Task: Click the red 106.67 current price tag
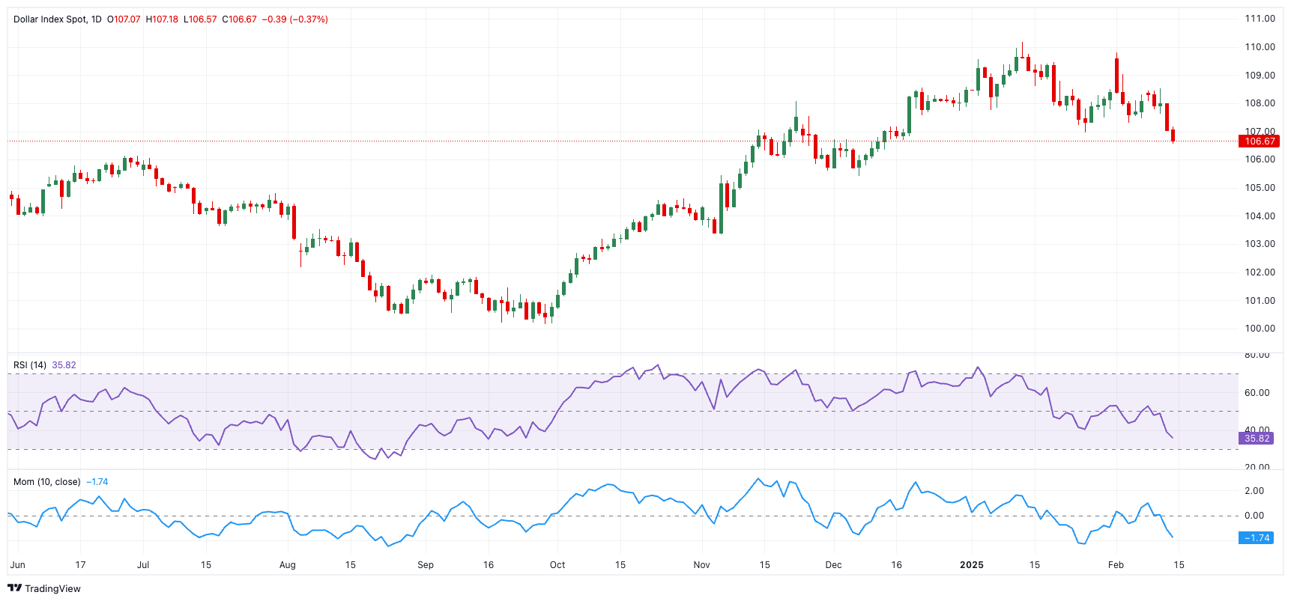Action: coord(1259,141)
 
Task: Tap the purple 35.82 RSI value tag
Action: coord(1257,439)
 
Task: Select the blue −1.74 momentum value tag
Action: coord(1257,538)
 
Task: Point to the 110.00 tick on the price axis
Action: coord(1260,47)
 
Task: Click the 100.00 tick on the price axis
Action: coord(1260,329)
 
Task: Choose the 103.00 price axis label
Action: coord(1260,244)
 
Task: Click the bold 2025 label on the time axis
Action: coord(972,565)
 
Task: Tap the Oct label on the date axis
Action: coord(557,565)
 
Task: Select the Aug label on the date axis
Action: coord(287,565)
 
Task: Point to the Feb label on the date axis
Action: coord(1116,565)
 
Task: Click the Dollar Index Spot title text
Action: coord(50,19)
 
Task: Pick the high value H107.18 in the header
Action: coord(162,19)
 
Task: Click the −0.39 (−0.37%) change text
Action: coord(294,19)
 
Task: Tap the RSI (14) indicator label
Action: coord(30,365)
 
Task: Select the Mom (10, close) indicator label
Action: coord(46,482)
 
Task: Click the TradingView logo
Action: coord(44,588)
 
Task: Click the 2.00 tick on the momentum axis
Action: coord(1254,491)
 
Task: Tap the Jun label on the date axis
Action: coord(18,565)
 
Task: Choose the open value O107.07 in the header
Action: coord(124,19)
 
